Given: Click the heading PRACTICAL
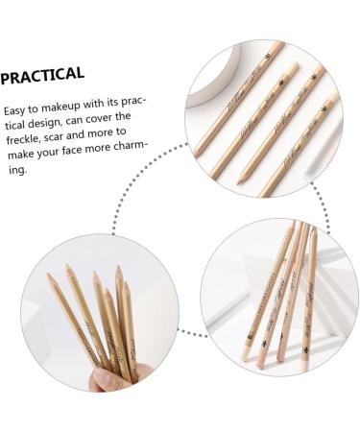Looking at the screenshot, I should point(42,74).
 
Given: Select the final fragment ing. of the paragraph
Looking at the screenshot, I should point(13,169).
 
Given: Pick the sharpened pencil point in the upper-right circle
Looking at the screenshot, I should point(213,179).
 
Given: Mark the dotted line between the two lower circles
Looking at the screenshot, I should point(192,335).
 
